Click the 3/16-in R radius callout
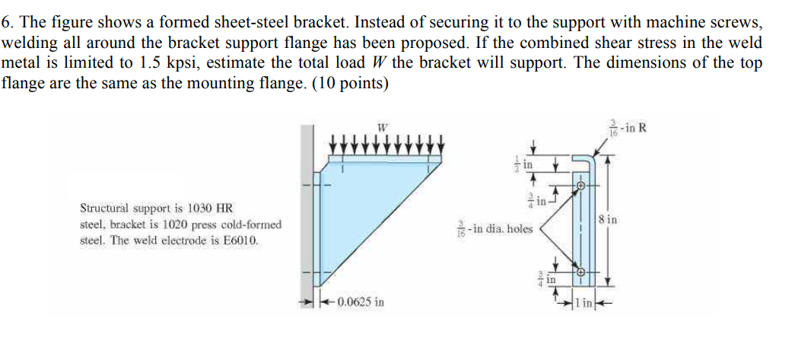click(x=627, y=128)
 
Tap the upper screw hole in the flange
click(x=580, y=185)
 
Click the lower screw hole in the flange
click(x=580, y=272)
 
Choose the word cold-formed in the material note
click(x=253, y=225)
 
